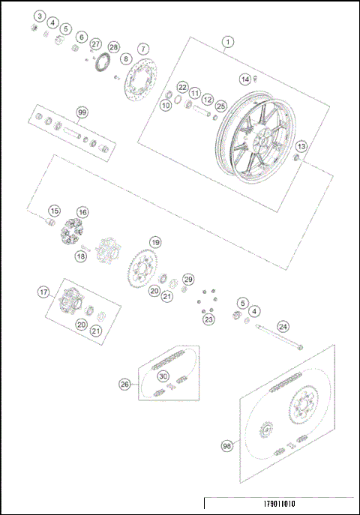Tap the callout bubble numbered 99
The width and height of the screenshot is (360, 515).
tap(82, 112)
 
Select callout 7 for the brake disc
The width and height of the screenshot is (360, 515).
tap(142, 49)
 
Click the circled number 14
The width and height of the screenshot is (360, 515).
tap(244, 79)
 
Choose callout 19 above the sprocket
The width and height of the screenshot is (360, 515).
tap(154, 243)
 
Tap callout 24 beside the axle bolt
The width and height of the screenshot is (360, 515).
tap(283, 326)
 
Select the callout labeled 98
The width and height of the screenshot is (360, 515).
tap(226, 445)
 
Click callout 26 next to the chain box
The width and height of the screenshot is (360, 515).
tap(125, 384)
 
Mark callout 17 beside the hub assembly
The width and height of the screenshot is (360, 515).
tap(43, 293)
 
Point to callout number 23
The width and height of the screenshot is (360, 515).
tap(208, 319)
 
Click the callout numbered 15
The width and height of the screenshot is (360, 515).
tap(55, 211)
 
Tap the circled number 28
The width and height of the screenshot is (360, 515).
tap(113, 46)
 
